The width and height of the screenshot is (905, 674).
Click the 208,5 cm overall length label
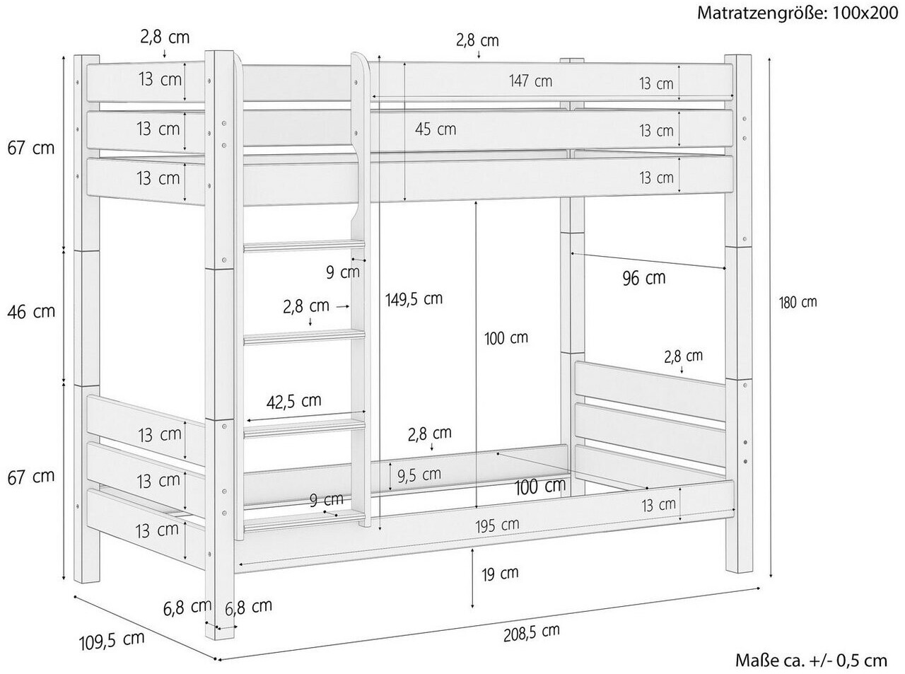coord(531,633)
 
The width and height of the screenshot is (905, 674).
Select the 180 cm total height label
coord(798,302)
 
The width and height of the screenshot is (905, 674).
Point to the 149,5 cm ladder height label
coord(414,299)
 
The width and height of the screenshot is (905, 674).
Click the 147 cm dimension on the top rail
coord(530,81)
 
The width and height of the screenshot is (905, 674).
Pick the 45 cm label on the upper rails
coord(436,129)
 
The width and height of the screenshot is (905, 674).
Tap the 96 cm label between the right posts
coord(644,278)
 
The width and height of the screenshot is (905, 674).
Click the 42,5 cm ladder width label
coord(294,401)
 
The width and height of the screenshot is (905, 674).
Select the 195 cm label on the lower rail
coord(497,525)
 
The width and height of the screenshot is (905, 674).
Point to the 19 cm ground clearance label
coord(500,574)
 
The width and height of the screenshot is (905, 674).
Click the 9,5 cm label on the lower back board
coord(419,475)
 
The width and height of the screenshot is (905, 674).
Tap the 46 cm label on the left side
coord(31,312)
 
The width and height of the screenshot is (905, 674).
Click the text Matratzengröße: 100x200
coord(798,13)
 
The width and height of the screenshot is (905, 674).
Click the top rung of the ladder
coord(305,247)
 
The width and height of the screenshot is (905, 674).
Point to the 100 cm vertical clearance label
coord(506,338)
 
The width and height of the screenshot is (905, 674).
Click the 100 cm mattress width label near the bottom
coord(539,487)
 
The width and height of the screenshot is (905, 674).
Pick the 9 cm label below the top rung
coord(343,272)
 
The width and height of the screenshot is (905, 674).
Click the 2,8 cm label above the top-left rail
coord(165,37)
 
